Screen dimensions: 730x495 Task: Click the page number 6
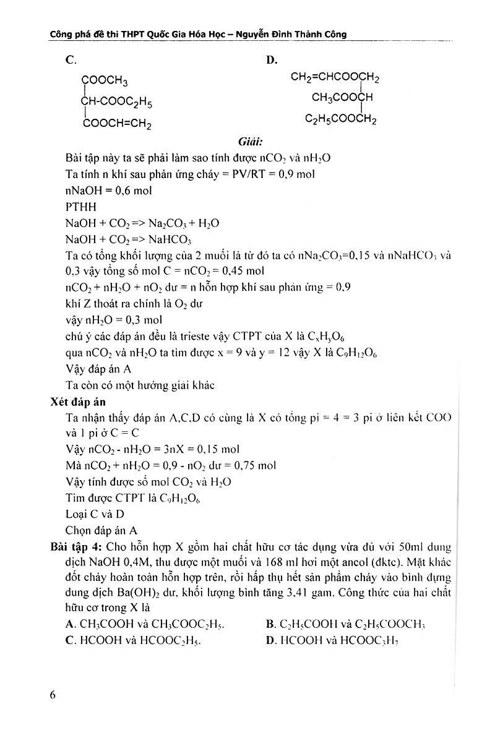[54, 694]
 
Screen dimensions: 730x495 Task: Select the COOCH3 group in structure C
[105, 80]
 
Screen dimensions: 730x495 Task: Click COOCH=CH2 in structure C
[116, 123]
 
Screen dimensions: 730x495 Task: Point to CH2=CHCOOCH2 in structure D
[335, 77]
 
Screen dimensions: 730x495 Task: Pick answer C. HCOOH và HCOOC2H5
[134, 640]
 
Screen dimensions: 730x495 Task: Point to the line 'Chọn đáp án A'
[101, 530]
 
